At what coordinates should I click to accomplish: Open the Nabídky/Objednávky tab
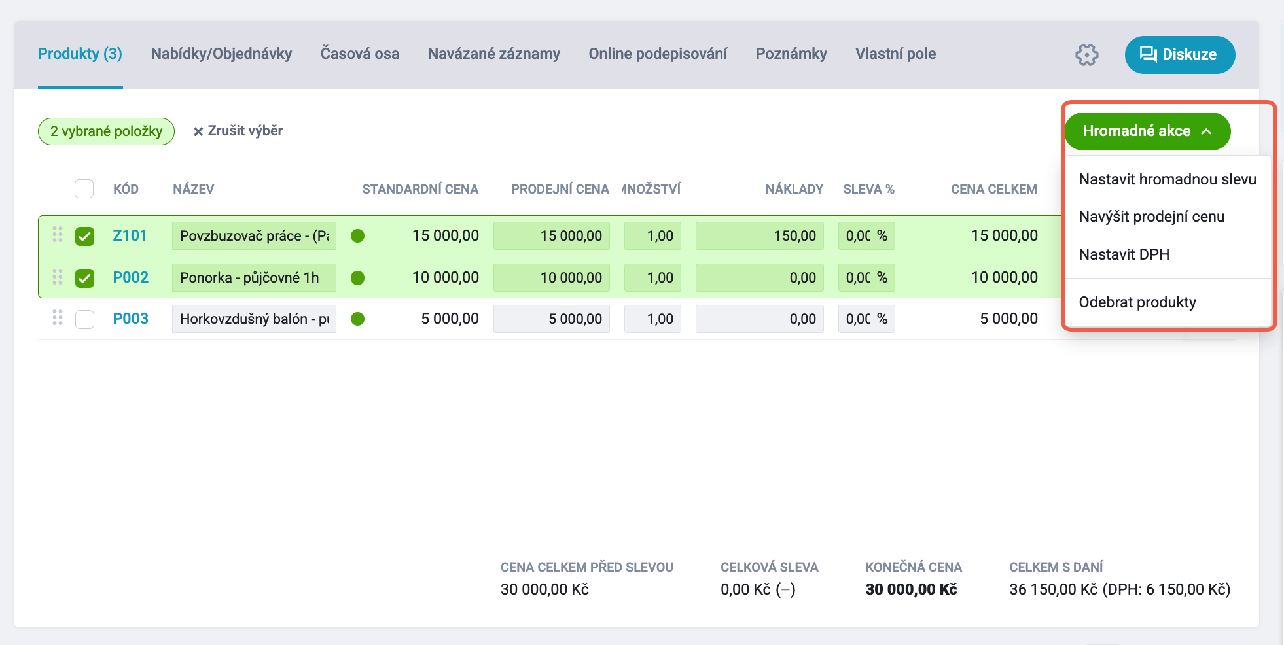pos(221,54)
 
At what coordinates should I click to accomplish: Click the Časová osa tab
pos(360,54)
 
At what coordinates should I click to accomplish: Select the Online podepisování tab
pos(658,54)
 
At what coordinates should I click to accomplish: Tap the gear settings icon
pos(1086,55)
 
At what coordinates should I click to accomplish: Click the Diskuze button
pos(1179,55)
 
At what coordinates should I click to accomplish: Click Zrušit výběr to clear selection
pos(238,131)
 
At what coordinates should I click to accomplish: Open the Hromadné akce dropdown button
pos(1147,131)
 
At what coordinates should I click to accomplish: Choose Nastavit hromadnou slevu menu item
pos(1168,179)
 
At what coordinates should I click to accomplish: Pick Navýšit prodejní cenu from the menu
pos(1151,217)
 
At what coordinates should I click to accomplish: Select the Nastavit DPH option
pos(1124,254)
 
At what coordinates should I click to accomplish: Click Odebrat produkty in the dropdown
pos(1137,302)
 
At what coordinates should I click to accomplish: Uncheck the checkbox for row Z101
pos(84,236)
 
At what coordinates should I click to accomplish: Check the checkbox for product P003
pos(84,319)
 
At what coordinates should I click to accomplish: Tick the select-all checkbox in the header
pos(84,189)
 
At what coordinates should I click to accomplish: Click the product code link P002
pos(131,277)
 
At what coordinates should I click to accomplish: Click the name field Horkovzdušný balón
pos(254,319)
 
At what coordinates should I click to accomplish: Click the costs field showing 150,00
pos(759,236)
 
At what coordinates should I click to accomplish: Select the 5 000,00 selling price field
pos(551,319)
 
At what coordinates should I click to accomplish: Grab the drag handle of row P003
pos(58,318)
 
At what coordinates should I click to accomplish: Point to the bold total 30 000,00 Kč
pos(911,589)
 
